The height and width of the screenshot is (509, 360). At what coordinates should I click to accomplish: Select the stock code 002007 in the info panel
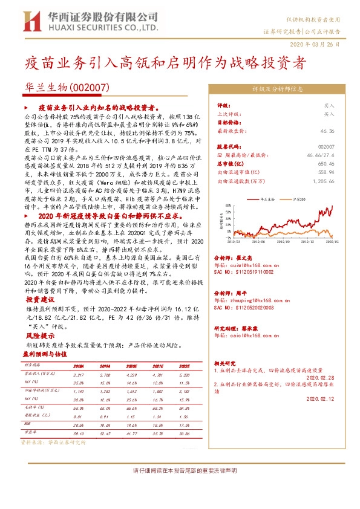click(326, 146)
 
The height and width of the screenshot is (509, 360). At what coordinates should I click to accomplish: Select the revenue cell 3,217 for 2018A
click(78, 375)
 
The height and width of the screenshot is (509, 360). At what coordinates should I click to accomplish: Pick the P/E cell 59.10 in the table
click(78, 433)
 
